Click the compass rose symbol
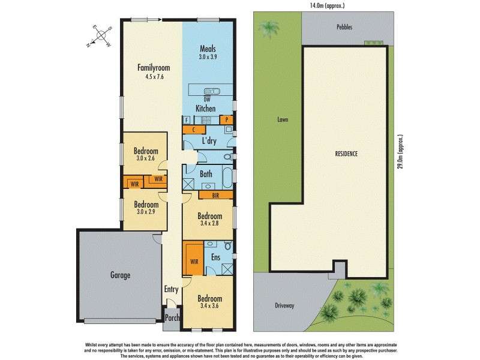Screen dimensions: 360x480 pos(98,36)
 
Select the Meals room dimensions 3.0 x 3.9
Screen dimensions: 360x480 pos(208,58)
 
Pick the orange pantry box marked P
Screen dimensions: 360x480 pos(227,119)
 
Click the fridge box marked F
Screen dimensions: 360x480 pos(187,119)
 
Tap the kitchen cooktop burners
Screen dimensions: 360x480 pos(206,119)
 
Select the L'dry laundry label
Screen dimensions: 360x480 pos(209,141)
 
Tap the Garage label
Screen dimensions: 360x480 pos(120,275)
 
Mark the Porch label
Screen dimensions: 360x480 pos(172,319)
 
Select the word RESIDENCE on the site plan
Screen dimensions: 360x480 pos(346,154)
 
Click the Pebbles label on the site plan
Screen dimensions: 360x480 pos(344,28)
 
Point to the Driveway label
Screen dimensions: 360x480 pos(285,305)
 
